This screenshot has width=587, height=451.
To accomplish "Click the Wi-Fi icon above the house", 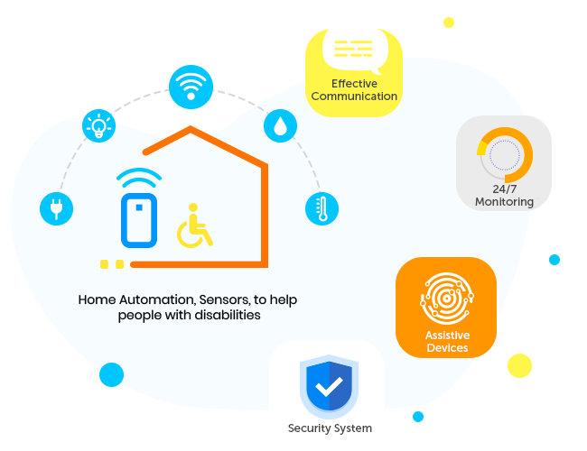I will pyautogui.click(x=191, y=87).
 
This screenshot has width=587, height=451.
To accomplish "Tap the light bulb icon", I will pyautogui.click(x=98, y=126).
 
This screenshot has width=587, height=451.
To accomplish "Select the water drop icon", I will pyautogui.click(x=280, y=125).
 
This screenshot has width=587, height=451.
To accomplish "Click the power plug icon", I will pyautogui.click(x=56, y=208).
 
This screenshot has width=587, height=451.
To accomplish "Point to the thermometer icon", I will pyautogui.click(x=321, y=208).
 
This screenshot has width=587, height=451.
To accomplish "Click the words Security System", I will pyautogui.click(x=330, y=428).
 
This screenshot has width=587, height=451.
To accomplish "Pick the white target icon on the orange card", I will pyautogui.click(x=447, y=299).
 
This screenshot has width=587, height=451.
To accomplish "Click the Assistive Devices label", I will pyautogui.click(x=447, y=342).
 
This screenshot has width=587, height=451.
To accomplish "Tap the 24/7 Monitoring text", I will pyautogui.click(x=505, y=196).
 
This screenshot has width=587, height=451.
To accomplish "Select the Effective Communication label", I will pyautogui.click(x=354, y=90).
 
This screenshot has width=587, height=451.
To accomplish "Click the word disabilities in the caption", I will pyautogui.click(x=226, y=316).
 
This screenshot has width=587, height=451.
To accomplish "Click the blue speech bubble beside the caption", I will pyautogui.click(x=110, y=374).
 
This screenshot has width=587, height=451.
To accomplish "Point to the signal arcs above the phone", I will pyautogui.click(x=139, y=176).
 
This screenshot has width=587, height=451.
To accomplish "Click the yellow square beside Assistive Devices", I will pyautogui.click(x=518, y=364).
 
